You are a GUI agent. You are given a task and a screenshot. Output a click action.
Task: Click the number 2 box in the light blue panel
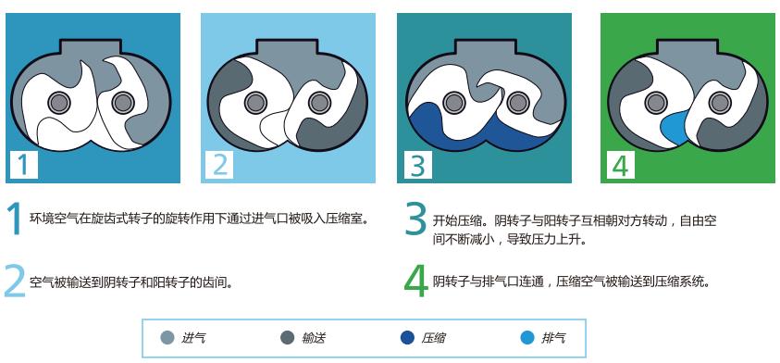pos(219,164)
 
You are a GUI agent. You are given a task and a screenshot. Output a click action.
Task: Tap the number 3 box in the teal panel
pos(418,164)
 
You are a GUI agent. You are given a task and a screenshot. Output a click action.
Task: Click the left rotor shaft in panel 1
pos(60,101)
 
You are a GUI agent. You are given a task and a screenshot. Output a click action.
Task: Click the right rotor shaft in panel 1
pos(119,101)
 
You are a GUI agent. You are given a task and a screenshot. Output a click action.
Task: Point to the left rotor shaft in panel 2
pos(258,101)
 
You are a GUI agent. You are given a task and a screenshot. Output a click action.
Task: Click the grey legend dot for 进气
pos(167,338)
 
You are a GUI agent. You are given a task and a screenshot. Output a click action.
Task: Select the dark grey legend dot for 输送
pos(287,338)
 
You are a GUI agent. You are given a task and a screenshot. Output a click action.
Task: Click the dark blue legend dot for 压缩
pos(407,338)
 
